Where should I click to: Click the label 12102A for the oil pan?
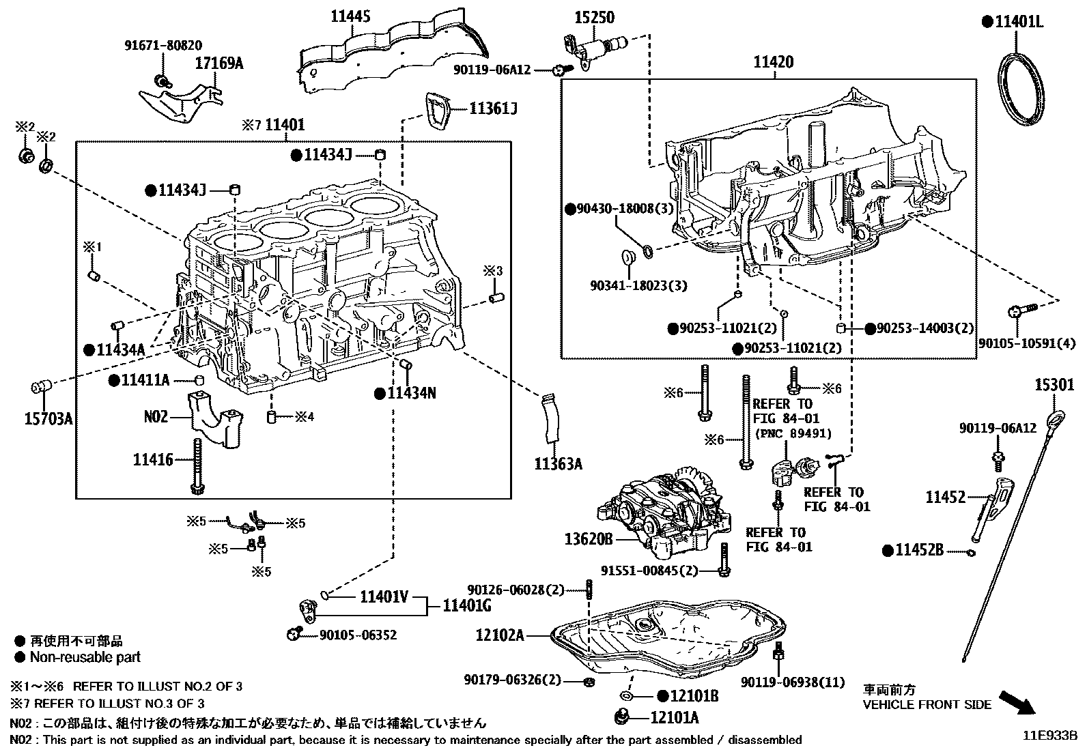[500, 635]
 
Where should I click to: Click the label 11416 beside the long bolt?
[153, 460]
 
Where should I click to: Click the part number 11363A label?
[558, 465]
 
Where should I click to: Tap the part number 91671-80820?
[163, 46]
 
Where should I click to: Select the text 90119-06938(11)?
[792, 682]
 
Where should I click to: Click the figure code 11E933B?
[1049, 735]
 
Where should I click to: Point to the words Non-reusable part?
[85, 657]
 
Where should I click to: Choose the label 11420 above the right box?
[774, 62]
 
